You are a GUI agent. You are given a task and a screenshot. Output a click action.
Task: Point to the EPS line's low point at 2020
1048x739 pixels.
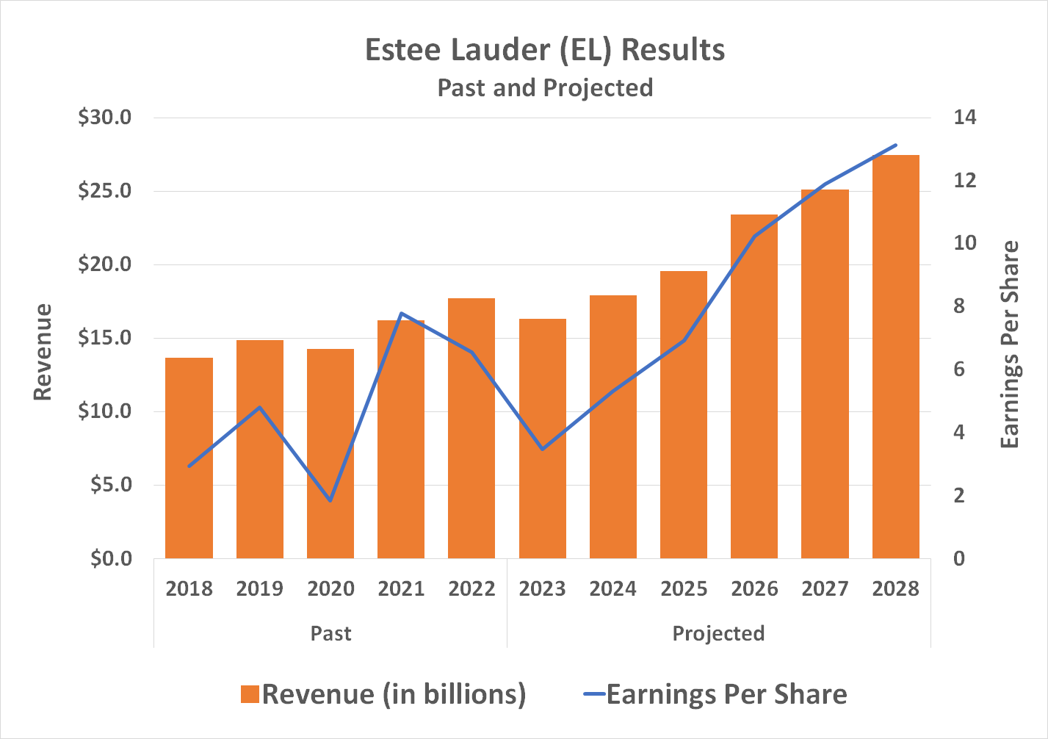pyautogui.click(x=330, y=500)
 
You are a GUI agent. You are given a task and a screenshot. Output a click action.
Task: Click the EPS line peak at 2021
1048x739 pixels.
pyautogui.click(x=401, y=314)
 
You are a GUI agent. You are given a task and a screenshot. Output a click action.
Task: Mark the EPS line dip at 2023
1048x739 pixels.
pyautogui.click(x=542, y=449)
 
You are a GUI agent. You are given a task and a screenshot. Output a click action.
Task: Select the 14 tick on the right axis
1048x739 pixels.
pyautogui.click(x=965, y=118)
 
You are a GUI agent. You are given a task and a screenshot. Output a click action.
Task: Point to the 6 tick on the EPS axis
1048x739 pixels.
pyautogui.click(x=959, y=369)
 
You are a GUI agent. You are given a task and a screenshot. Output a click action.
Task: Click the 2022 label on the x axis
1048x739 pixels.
pyautogui.click(x=471, y=588)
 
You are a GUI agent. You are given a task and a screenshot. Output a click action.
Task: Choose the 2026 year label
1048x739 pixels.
pyautogui.click(x=754, y=588)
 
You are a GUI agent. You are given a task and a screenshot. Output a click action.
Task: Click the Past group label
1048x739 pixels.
pyautogui.click(x=330, y=633)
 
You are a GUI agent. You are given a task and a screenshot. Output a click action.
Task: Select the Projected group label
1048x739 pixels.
pyautogui.click(x=718, y=633)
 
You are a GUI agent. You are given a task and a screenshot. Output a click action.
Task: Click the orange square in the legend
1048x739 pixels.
pyautogui.click(x=250, y=694)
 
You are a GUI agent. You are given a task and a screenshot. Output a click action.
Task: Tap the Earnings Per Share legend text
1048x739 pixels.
pyautogui.click(x=726, y=694)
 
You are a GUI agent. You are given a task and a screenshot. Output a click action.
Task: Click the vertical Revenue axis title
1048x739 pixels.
pyautogui.click(x=43, y=352)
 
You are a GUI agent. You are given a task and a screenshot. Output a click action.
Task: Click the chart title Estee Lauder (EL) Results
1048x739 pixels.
pyautogui.click(x=545, y=50)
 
